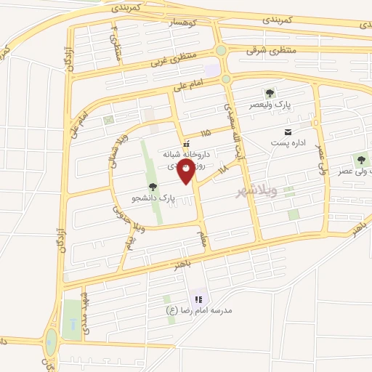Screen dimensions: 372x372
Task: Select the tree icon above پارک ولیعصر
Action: click(270, 92)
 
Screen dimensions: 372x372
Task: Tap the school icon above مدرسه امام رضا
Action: click(198, 299)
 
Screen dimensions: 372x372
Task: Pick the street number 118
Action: click(222, 169)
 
